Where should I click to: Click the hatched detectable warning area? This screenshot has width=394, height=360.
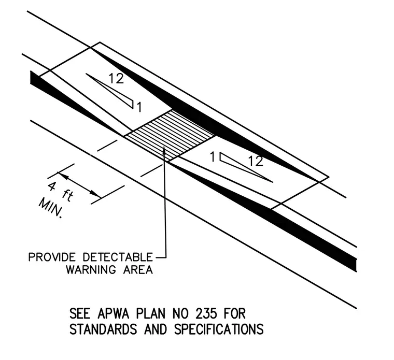[x=170, y=136]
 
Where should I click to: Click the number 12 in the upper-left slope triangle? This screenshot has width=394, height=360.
[x=116, y=79]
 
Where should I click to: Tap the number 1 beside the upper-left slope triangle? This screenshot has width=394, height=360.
[x=139, y=107]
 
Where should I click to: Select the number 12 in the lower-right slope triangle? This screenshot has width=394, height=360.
[x=256, y=161]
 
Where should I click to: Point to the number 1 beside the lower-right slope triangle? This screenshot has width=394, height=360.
[x=213, y=157]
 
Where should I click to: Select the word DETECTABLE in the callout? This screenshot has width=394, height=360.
[x=118, y=257]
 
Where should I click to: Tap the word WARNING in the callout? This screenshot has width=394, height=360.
[x=91, y=270]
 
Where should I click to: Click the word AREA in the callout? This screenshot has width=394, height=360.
[x=138, y=270]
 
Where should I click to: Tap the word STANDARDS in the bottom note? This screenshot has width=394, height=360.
[x=103, y=329]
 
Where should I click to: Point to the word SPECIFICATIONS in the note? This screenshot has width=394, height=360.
[x=219, y=329]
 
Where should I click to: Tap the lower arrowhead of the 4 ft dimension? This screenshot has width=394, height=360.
[x=96, y=193]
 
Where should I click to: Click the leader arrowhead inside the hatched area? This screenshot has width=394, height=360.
[x=164, y=150]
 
